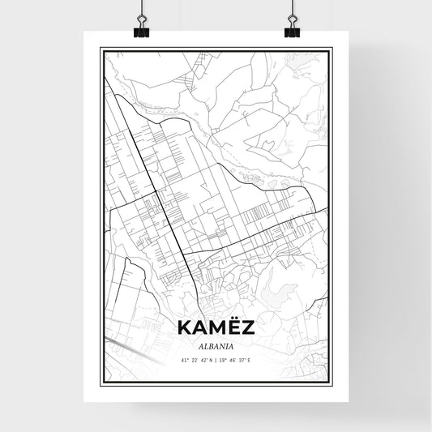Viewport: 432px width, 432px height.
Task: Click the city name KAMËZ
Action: click(215, 327)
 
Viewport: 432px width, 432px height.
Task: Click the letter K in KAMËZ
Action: click(182, 328)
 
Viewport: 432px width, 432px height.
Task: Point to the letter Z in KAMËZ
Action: click(248, 328)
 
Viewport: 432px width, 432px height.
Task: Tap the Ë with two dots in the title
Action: click(233, 327)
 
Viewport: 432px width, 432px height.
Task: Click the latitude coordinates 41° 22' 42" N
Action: click(194, 359)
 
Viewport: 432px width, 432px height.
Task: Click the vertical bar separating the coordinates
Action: click(216, 359)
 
